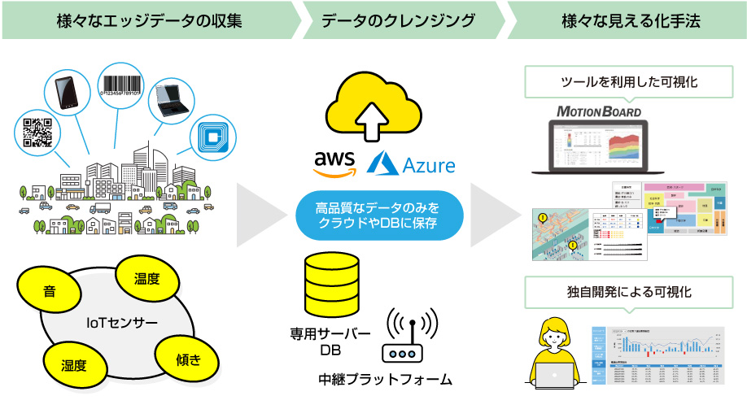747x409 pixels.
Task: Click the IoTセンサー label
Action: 122,324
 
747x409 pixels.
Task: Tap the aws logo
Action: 334,163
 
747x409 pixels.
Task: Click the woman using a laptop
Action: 559,351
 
